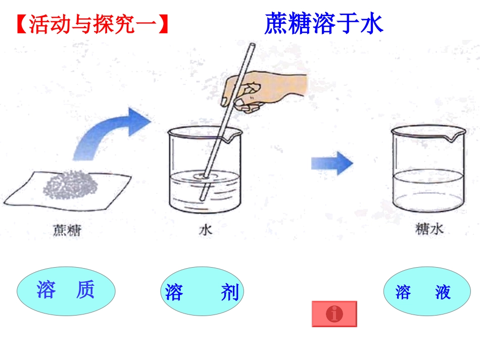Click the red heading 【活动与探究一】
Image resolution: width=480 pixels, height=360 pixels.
[92, 25]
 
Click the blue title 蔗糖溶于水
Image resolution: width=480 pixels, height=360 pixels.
[323, 24]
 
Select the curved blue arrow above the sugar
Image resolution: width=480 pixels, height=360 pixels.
[111, 131]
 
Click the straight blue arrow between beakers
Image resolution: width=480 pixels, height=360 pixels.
[331, 163]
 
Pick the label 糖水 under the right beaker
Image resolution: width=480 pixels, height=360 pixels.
[429, 230]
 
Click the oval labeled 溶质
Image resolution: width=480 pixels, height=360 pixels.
[66, 291]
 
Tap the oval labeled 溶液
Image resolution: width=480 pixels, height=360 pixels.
[423, 292]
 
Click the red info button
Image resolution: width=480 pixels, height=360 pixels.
[334, 314]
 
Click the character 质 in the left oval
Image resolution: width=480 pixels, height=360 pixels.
[85, 290]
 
